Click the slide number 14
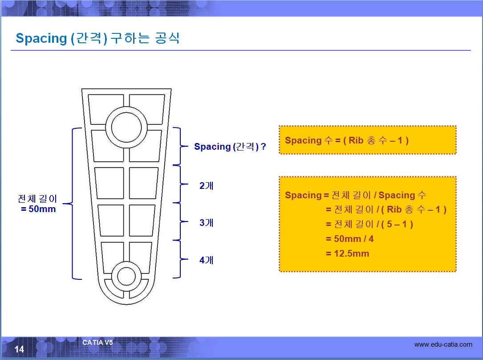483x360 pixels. (19, 349)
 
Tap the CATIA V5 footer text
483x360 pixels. (97, 343)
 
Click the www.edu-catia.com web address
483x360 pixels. (443, 344)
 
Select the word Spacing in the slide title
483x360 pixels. (41, 38)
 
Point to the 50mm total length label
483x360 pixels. (42, 209)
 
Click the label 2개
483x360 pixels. (206, 185)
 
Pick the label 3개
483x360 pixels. (206, 222)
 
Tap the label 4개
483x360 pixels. (206, 260)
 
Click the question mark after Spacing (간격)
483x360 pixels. (264, 146)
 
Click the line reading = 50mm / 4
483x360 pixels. (349, 239)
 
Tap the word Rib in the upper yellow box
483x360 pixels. (356, 140)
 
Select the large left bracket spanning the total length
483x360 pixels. (72, 204)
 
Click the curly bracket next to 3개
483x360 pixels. (180, 221)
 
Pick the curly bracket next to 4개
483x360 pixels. (180, 259)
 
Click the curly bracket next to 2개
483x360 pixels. (180, 184)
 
